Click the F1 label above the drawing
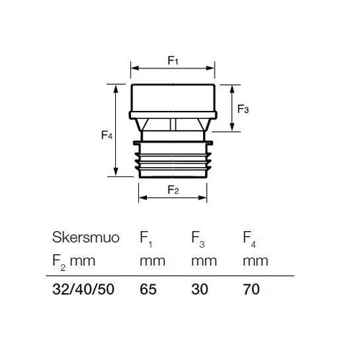point(173,60)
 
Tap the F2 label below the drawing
point(173,190)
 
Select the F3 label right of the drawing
point(243,109)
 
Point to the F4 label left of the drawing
point(107,135)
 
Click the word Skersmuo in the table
point(86,238)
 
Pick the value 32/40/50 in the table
point(84,289)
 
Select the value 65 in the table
point(148,289)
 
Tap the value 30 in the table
point(199,289)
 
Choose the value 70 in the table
point(251,289)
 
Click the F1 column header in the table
point(146,239)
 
